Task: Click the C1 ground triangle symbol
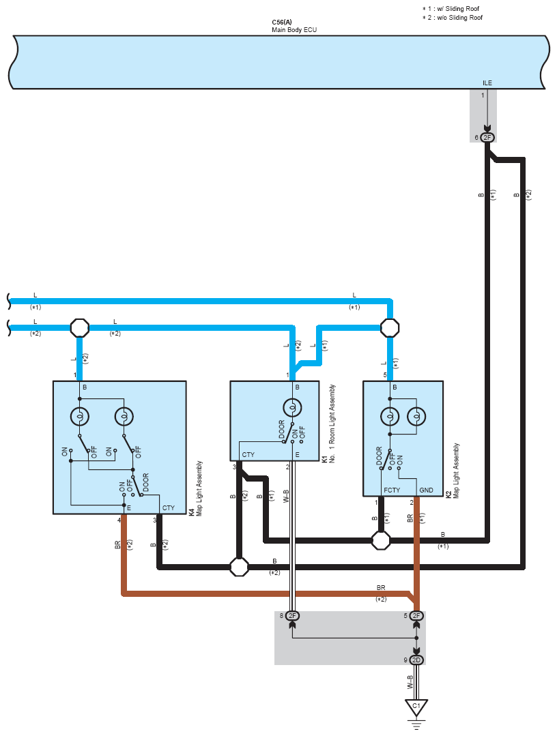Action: (416, 707)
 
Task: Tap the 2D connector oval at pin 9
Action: (416, 660)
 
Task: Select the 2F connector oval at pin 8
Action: (292, 616)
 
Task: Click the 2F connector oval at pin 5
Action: (416, 616)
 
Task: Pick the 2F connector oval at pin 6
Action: (487, 137)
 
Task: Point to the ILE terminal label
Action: (487, 83)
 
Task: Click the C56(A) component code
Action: (282, 23)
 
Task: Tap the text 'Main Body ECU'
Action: (294, 31)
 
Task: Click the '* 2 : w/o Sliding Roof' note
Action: (453, 17)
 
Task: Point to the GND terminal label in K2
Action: (426, 490)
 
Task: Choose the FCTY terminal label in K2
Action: (391, 490)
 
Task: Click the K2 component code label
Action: (448, 492)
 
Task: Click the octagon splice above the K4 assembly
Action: (80, 328)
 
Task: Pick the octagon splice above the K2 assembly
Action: (390, 328)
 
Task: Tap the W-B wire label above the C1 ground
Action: (411, 682)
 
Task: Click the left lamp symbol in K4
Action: (79, 415)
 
